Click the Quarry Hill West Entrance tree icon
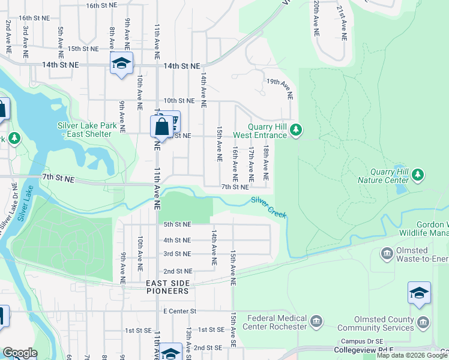pyautogui.click(x=295, y=130)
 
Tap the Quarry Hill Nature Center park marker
pyautogui.click(x=418, y=175)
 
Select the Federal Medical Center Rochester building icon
pyautogui.click(x=316, y=323)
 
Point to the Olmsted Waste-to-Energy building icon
pyautogui.click(x=386, y=254)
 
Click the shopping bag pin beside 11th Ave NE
pyautogui.click(x=161, y=127)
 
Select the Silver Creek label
pyautogui.click(x=269, y=207)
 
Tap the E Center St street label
pyautogui.click(x=180, y=311)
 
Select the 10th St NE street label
pyautogui.click(x=180, y=101)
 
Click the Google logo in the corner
pyautogui.click(x=20, y=353)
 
